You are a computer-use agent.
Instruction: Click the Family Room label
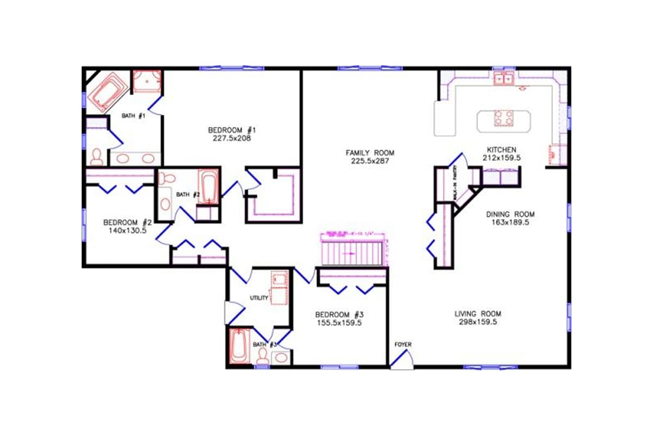370,153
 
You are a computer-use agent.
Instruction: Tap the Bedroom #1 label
232,130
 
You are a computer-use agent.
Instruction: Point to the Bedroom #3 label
339,315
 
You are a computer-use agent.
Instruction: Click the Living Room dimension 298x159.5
478,322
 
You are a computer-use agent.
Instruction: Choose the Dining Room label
510,214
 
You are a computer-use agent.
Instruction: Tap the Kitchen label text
501,150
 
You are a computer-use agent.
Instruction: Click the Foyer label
403,345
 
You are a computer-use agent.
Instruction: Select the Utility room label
259,298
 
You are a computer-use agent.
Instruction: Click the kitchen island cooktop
503,118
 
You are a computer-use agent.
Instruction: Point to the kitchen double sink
504,80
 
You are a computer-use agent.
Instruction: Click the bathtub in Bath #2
207,187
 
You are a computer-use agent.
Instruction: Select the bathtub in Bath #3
238,346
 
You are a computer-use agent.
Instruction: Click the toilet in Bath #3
262,356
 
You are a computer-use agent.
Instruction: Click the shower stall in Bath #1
147,81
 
